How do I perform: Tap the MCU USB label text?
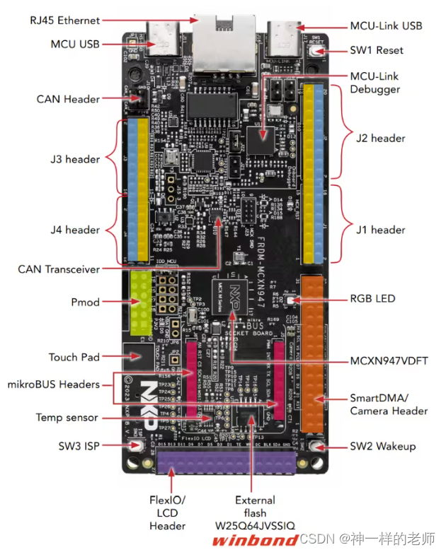point(74,44)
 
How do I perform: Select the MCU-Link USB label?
point(386,25)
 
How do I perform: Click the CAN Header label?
point(68,99)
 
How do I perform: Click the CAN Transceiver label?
point(58,269)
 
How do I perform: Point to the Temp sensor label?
point(67,418)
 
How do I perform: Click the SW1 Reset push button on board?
point(315,51)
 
